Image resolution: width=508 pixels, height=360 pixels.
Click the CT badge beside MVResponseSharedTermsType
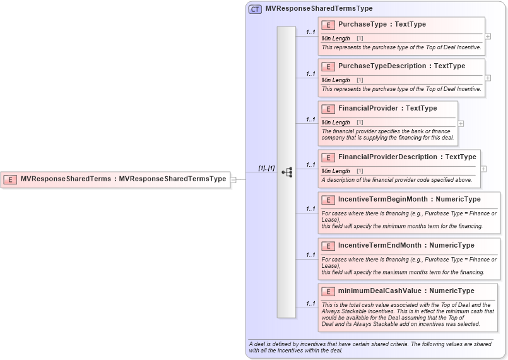click(255, 9)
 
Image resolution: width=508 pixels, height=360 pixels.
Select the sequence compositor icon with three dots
click(286, 172)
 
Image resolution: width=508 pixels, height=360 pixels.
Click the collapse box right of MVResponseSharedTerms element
click(233, 179)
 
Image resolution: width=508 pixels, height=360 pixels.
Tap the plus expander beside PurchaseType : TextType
click(488, 37)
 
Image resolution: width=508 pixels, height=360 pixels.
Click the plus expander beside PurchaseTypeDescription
click(488, 78)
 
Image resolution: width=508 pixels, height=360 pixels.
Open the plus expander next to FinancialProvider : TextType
click(461, 123)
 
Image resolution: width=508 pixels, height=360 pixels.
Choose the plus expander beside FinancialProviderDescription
click(483, 169)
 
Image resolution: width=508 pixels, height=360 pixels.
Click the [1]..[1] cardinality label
click(267, 168)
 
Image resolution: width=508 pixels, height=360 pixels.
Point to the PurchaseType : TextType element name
click(382, 25)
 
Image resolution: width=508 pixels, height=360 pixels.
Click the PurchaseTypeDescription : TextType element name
click(401, 66)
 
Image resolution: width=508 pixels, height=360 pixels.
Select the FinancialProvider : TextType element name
click(387, 109)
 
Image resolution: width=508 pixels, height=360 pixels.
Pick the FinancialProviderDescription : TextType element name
click(407, 157)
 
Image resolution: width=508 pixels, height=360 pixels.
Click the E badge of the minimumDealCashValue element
click(328, 291)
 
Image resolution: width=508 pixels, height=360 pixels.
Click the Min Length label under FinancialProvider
click(336, 123)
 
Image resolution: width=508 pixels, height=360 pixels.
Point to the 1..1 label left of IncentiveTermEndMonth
click(310, 255)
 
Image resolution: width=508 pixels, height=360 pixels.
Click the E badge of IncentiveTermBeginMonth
click(328, 200)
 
